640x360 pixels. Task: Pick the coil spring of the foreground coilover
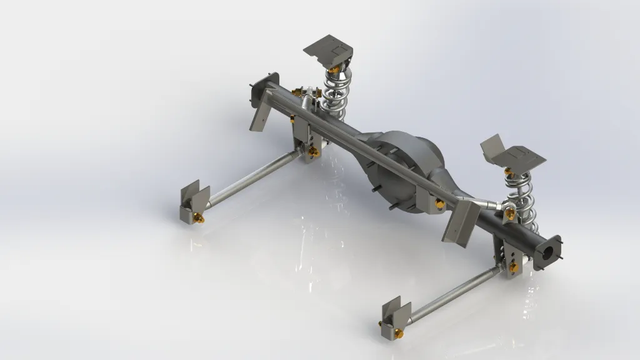pyautogui.click(x=520, y=197)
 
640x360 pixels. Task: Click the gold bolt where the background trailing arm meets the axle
pyautogui.click(x=314, y=151)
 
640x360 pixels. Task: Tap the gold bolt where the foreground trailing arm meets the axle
pyautogui.click(x=513, y=267)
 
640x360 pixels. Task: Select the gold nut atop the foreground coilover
pyautogui.click(x=509, y=171)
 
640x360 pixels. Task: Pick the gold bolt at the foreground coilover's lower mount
pyautogui.click(x=511, y=214)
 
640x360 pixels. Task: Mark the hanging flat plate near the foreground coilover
pyautogui.click(x=462, y=222)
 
